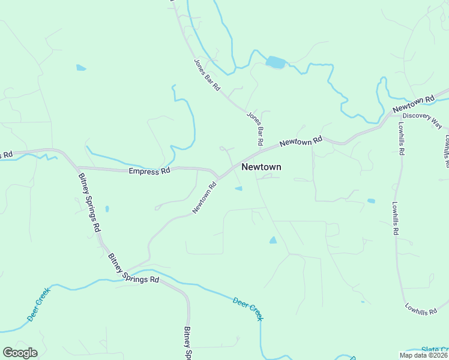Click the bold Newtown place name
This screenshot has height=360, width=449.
click(261, 167)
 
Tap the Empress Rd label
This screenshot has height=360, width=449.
click(149, 171)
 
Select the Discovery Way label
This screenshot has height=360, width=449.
click(422, 121)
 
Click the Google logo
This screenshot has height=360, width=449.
click(20, 353)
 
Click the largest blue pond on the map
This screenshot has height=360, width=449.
click(276, 62)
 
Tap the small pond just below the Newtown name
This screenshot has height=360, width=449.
click(238, 189)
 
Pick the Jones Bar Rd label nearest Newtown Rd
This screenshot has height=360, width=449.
click(256, 128)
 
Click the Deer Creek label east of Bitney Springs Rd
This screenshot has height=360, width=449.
click(248, 307)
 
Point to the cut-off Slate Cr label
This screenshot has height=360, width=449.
click(435, 349)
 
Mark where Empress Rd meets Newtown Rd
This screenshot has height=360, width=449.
click(218, 178)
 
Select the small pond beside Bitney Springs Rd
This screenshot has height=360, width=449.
click(107, 209)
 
